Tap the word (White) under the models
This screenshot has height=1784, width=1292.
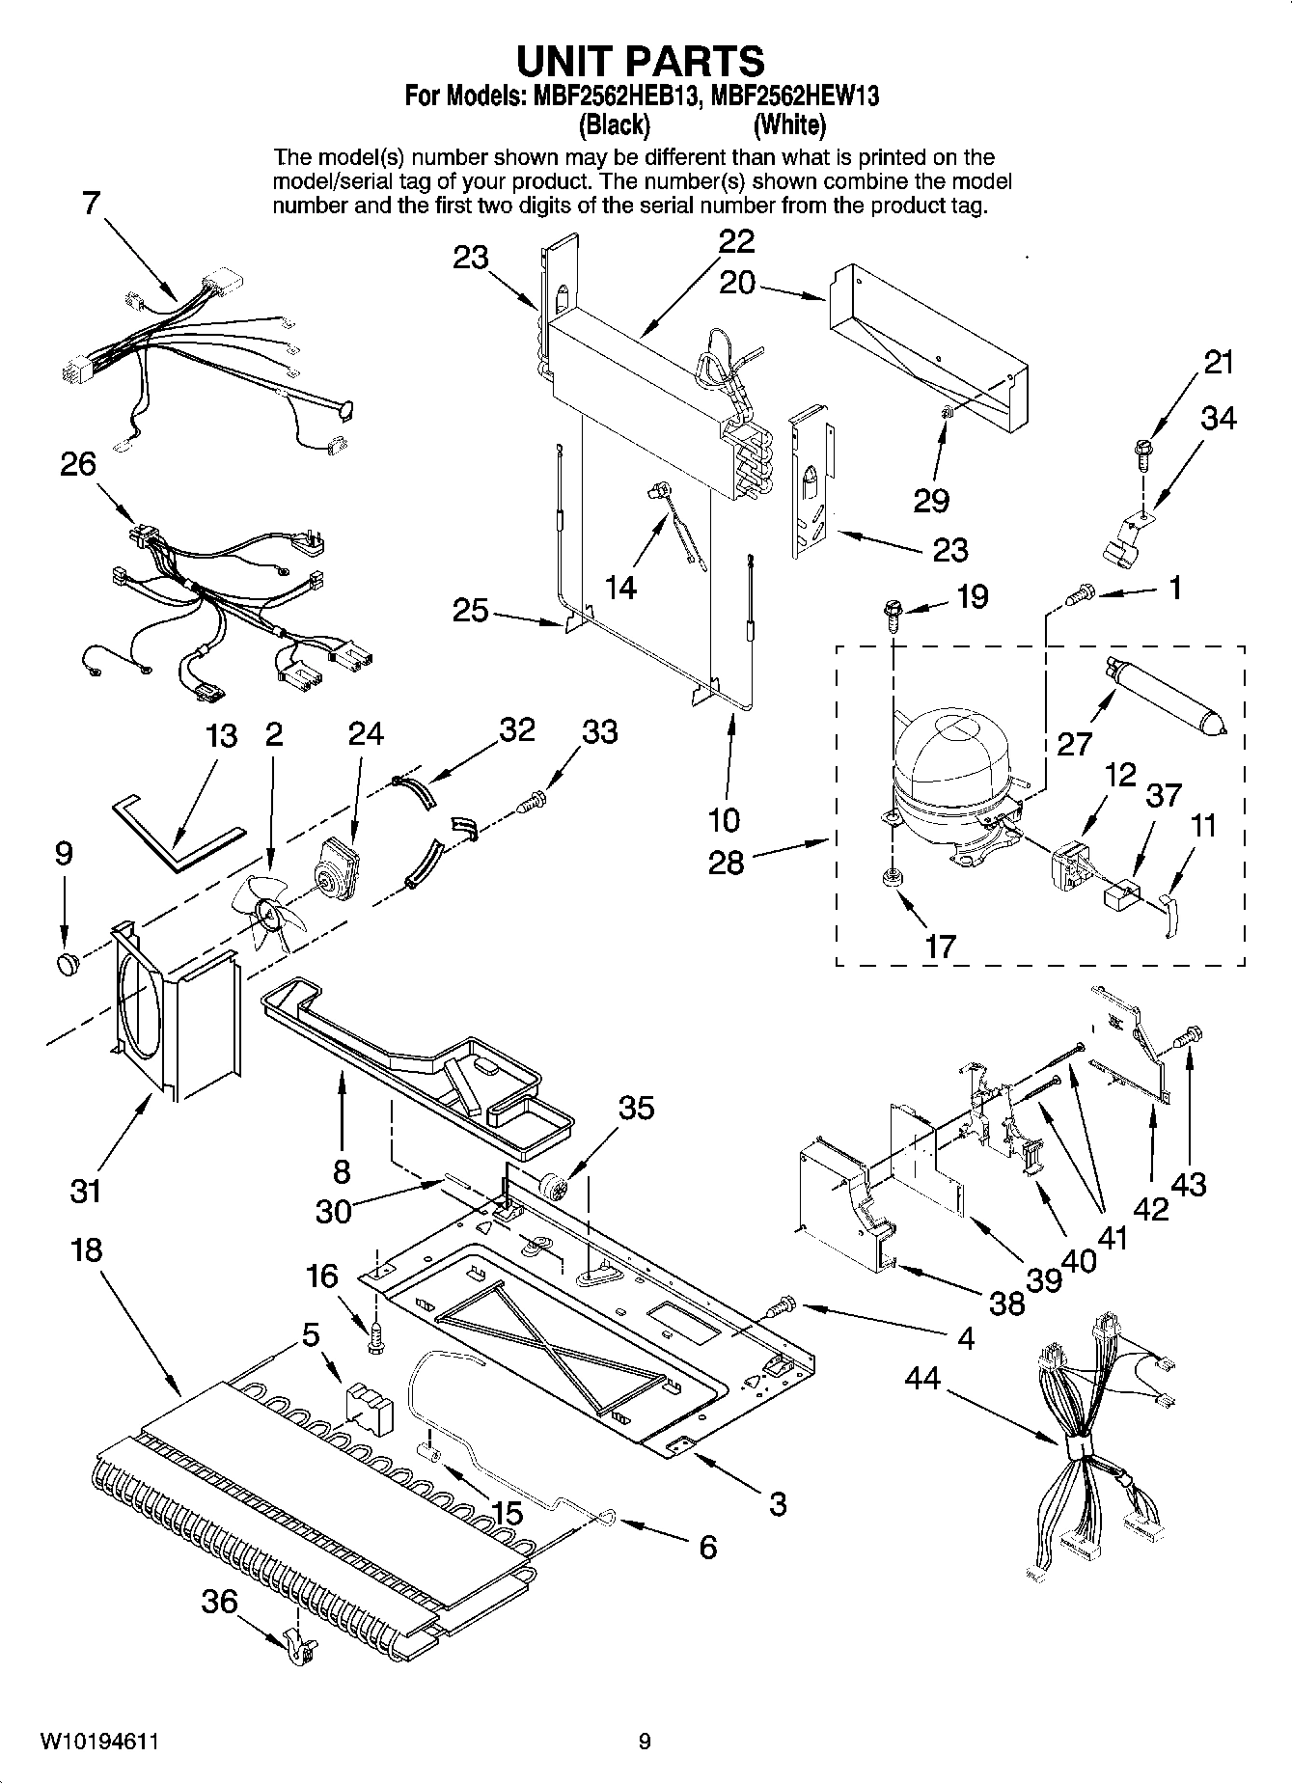pyautogui.click(x=789, y=124)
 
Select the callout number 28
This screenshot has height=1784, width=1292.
pyautogui.click(x=726, y=862)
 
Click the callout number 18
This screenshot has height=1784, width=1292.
pyautogui.click(x=86, y=1250)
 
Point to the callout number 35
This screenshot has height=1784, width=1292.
pyautogui.click(x=636, y=1108)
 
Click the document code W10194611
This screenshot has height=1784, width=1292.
pyautogui.click(x=99, y=1743)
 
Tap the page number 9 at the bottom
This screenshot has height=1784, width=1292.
pyautogui.click(x=645, y=1743)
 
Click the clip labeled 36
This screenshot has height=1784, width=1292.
pyautogui.click(x=300, y=1651)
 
